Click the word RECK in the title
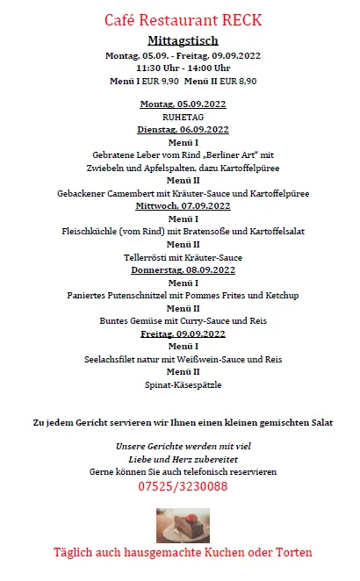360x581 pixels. [x=241, y=20]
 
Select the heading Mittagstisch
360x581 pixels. [x=183, y=40]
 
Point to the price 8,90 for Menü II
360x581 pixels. [x=245, y=80]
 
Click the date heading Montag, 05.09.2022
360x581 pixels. [x=183, y=104]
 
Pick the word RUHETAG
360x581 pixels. [x=183, y=116]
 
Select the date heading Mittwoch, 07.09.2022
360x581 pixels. [x=183, y=205]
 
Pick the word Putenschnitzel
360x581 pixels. [x=133, y=295]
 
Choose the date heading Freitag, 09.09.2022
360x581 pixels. [x=183, y=334]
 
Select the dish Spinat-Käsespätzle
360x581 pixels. [x=183, y=384]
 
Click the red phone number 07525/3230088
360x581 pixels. [x=183, y=486]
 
